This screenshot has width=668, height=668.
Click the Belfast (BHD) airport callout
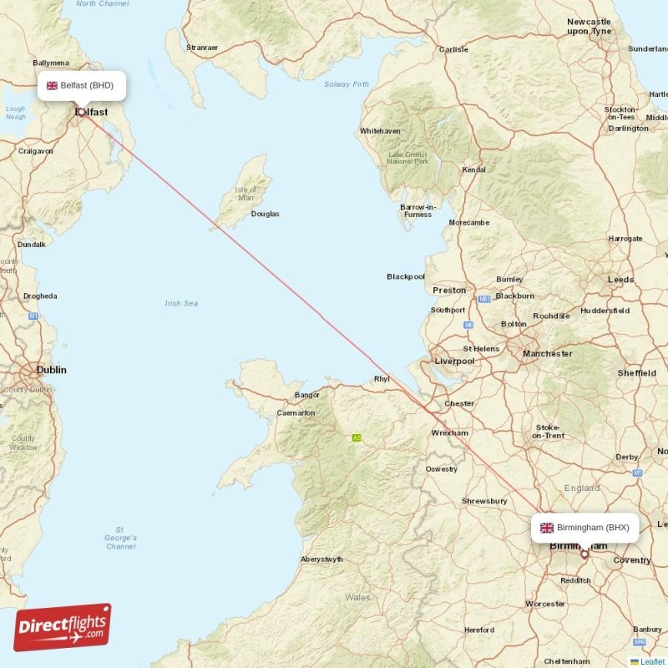[82, 85]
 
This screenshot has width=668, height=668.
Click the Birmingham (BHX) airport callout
[585, 527]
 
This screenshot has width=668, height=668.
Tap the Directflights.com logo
[63, 627]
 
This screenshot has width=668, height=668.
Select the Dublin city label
[51, 369]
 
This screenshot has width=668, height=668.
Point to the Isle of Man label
[245, 194]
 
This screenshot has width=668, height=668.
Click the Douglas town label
[266, 214]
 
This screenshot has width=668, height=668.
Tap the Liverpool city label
[454, 361]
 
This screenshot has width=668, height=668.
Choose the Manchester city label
[548, 353]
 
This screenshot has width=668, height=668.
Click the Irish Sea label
[181, 304]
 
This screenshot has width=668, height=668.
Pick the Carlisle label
[453, 49]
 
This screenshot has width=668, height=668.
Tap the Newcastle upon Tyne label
[590, 26]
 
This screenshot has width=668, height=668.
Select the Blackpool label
[406, 276]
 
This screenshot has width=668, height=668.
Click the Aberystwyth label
[321, 559]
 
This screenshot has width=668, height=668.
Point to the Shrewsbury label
[484, 501]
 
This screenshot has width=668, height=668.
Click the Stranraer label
[202, 48]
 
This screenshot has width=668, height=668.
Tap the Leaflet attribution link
[652, 661]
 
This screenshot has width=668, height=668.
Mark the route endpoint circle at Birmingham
[584, 554]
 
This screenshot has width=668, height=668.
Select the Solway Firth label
[347, 84]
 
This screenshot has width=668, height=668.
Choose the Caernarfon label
[296, 412]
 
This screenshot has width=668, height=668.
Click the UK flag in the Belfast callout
[52, 85]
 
